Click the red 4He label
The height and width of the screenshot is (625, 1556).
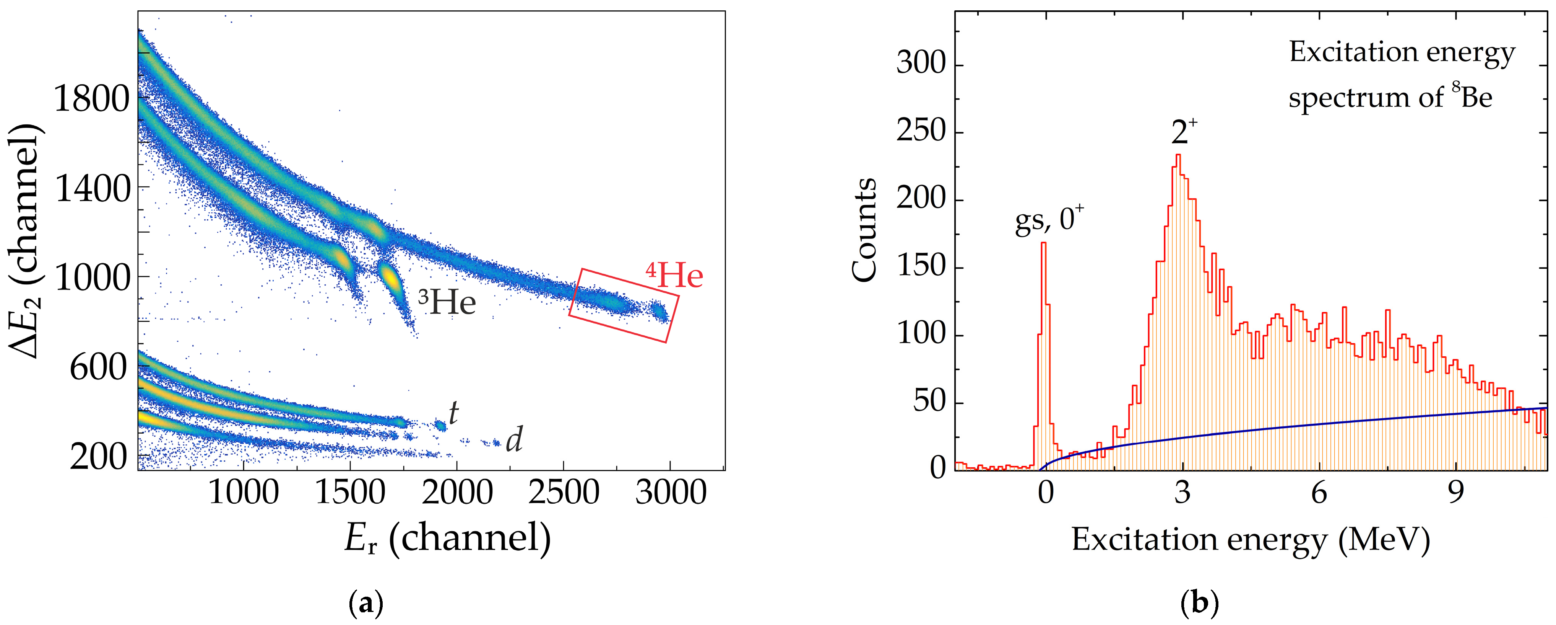coord(675,275)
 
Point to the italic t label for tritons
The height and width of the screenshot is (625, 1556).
coord(453,413)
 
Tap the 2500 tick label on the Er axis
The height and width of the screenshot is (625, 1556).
coord(563,492)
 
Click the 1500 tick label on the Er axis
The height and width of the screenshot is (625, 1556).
coord(350,492)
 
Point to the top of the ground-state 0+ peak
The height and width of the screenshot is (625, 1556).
coord(1043,243)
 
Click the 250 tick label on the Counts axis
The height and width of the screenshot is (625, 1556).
coord(920,132)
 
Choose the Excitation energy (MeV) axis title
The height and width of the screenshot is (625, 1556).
coord(1251,540)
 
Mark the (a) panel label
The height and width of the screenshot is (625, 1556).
coord(366,603)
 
